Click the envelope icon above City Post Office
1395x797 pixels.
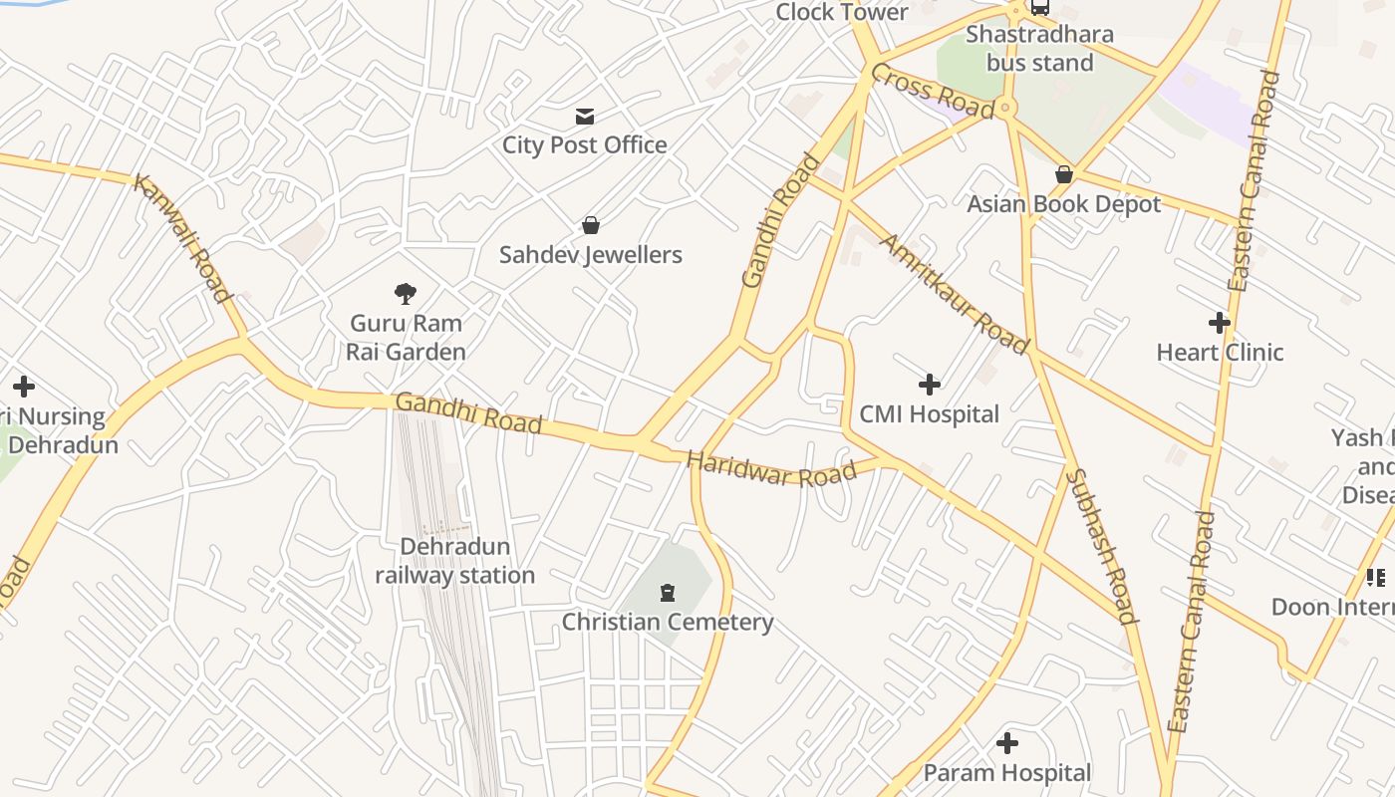585,117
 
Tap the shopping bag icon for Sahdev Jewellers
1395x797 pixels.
591,225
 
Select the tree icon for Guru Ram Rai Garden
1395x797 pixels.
405,293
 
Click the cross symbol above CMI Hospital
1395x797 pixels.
929,384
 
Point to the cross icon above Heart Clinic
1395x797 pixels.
1219,323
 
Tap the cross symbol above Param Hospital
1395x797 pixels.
1007,743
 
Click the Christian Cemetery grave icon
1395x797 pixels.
667,593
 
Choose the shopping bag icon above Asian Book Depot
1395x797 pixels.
1064,174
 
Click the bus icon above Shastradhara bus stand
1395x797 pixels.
1039,8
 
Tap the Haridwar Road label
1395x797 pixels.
771,470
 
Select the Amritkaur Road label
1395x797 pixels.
954,295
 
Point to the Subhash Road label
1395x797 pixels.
1102,546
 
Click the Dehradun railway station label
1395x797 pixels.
454,561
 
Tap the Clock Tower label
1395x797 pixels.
841,12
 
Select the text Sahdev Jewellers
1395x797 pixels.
591,255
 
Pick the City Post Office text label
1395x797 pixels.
585,145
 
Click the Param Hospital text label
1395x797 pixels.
1007,773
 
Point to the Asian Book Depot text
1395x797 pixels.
1064,204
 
